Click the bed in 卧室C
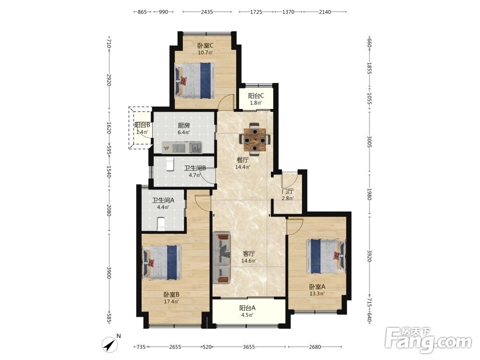195,81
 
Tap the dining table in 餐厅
255,140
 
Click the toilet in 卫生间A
161,224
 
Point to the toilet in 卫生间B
170,164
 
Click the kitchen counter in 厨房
182,147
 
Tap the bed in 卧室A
326,256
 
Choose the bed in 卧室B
162,263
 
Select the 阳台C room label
256,96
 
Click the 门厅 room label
288,192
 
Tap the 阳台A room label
247,308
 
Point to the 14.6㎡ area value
249,261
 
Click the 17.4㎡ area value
171,301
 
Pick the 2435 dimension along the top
207,12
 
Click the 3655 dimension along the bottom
249,347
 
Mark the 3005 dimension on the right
369,142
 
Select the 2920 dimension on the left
108,80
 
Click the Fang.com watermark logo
428,340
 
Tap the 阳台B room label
143,125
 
